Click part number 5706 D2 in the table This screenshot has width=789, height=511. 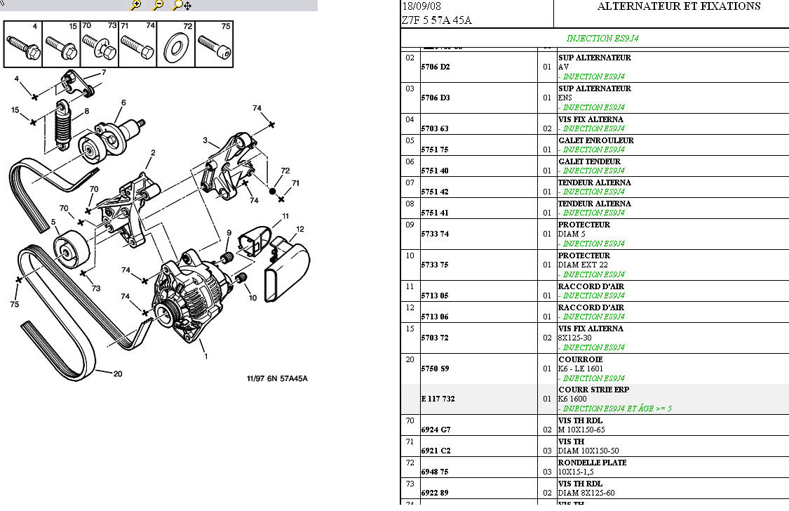pyautogui.click(x=435, y=67)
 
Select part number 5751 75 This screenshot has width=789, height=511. pyautogui.click(x=434, y=150)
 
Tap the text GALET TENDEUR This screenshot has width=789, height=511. pyautogui.click(x=589, y=161)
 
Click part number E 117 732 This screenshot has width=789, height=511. pyautogui.click(x=438, y=399)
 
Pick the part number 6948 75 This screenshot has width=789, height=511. pyautogui.click(x=434, y=472)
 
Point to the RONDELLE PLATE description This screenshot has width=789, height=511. pyautogui.click(x=592, y=463)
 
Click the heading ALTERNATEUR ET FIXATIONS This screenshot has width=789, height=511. pyautogui.click(x=678, y=6)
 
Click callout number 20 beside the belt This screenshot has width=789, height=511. pyautogui.click(x=118, y=373)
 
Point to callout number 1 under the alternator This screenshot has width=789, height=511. pyautogui.click(x=205, y=356)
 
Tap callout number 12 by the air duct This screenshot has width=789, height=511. pyautogui.click(x=299, y=229)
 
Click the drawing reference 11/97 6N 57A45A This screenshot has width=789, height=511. pyautogui.click(x=276, y=379)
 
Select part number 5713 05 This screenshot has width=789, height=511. pyautogui.click(x=434, y=296)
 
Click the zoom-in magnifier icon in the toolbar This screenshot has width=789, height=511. pyautogui.click(x=136, y=5)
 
